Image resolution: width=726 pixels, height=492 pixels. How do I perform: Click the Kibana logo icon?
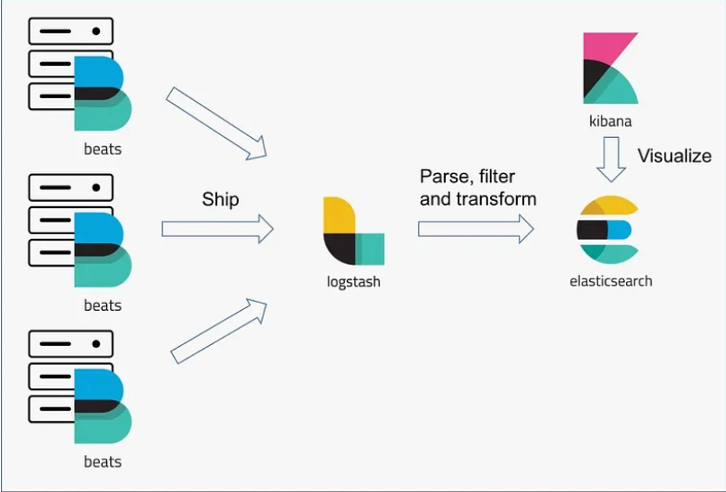[610, 68]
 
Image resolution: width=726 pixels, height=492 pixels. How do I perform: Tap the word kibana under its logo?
[610, 120]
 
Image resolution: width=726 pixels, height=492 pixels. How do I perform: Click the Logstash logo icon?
[353, 231]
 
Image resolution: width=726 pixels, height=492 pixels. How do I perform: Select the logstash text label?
[353, 281]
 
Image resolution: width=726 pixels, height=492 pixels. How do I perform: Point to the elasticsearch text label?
[611, 280]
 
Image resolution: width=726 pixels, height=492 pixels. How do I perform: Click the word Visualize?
[674, 156]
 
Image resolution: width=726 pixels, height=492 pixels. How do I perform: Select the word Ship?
[221, 199]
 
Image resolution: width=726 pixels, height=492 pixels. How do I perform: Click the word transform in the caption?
[494, 198]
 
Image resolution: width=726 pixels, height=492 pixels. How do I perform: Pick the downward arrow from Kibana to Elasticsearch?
[611, 159]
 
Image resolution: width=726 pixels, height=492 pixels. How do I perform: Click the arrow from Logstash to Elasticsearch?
[476, 229]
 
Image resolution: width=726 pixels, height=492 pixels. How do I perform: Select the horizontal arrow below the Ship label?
[217, 229]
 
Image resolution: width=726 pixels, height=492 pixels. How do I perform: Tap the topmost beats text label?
[103, 149]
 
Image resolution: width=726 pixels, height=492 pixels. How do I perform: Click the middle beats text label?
[103, 305]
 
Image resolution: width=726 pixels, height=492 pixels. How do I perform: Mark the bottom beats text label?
[103, 461]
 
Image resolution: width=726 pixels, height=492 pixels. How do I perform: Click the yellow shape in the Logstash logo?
[337, 214]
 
